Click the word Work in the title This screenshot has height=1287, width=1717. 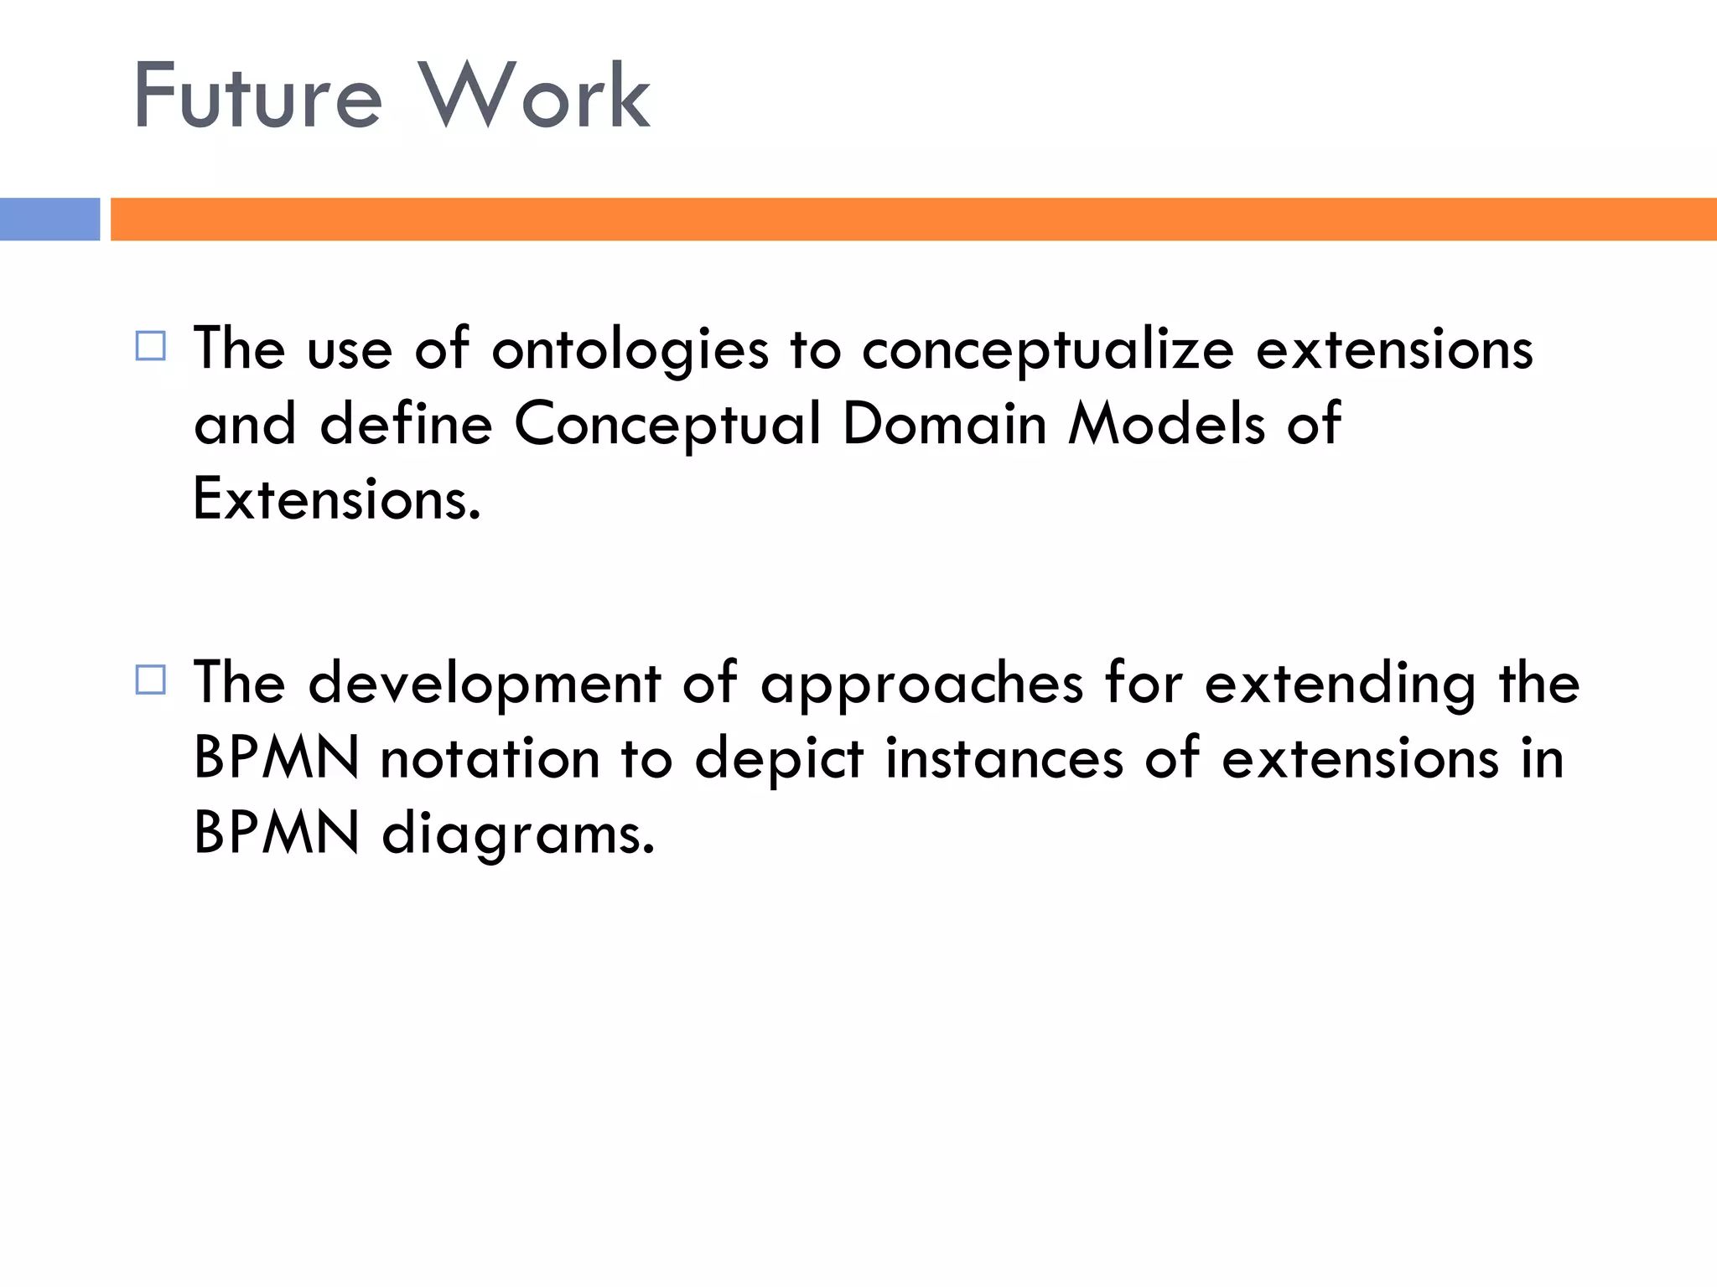[x=534, y=96]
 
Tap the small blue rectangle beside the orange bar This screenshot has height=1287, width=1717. [x=49, y=220]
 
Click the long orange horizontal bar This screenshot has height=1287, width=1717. [x=913, y=220]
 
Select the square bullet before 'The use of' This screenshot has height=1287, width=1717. [x=151, y=346]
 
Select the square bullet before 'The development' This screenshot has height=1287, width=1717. [x=151, y=680]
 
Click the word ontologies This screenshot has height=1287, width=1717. [x=630, y=349]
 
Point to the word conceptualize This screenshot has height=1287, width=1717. [x=1047, y=349]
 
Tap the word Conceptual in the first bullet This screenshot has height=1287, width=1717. [x=667, y=423]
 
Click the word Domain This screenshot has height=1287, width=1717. [x=944, y=423]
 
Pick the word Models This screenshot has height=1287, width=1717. [x=1166, y=423]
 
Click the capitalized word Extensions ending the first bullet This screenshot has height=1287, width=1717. [x=336, y=499]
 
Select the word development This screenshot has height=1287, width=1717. [x=485, y=684]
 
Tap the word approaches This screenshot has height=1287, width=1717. [x=921, y=684]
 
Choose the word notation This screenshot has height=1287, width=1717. [x=490, y=758]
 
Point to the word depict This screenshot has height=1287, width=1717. [x=779, y=758]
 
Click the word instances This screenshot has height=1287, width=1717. [x=1004, y=758]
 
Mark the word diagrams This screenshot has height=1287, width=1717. [x=517, y=835]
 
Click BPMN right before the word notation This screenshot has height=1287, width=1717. [x=277, y=758]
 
